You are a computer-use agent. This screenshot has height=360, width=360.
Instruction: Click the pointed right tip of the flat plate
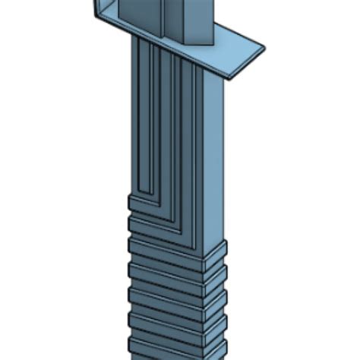click(x=264, y=49)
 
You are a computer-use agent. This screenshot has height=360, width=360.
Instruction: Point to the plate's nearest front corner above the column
click(x=226, y=75)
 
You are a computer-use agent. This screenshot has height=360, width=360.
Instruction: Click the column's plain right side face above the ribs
click(x=214, y=152)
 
